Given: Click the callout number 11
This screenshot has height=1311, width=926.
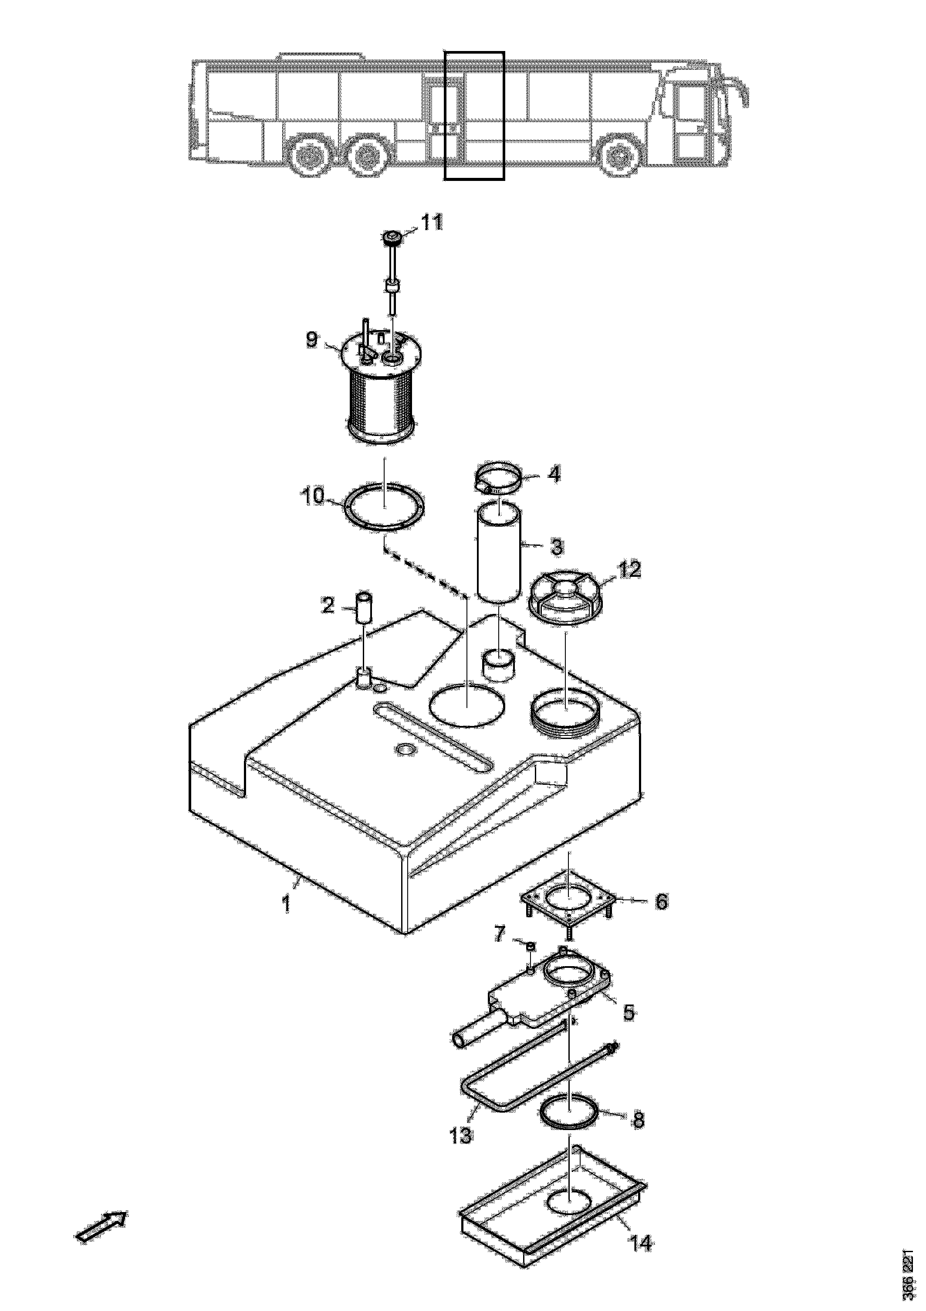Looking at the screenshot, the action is coord(432,223).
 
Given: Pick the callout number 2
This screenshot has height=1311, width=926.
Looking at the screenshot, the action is coord(328,605).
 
